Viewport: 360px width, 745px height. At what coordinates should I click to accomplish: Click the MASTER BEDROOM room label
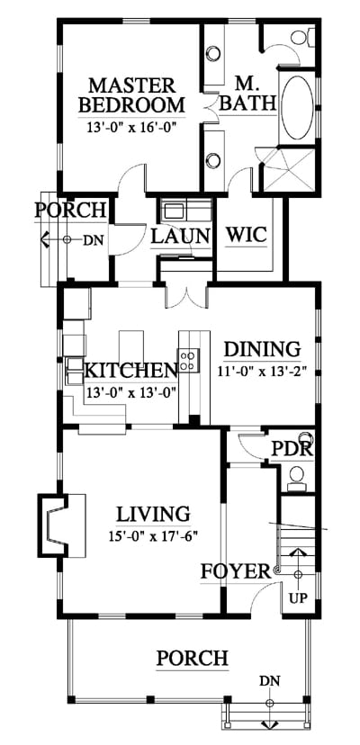pos(131,94)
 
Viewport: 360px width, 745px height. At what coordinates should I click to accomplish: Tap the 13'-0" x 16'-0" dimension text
pos(131,128)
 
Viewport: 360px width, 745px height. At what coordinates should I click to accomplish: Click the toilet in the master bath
pos(303,38)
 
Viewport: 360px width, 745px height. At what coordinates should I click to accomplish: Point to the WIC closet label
pos(246,235)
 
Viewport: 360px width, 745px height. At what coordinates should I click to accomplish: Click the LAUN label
pos(180,236)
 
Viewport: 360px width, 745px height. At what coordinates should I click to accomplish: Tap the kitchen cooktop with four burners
pos(188,359)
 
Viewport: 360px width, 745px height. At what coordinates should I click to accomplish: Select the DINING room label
pos(262,349)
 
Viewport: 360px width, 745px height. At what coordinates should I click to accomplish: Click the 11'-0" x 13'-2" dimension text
pos(262,371)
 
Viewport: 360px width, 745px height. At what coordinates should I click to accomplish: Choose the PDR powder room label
pos(292,447)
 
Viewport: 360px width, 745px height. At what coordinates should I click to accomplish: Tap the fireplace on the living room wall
pos(62,525)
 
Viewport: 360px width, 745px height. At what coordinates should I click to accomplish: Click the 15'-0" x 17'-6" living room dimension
pos(153,536)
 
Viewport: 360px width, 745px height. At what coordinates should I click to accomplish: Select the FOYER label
pos(236,571)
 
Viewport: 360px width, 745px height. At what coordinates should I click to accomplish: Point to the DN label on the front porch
pos(270,681)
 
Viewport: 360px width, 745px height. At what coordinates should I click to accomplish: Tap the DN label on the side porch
pos(93,240)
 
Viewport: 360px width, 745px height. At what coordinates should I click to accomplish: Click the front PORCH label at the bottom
pos(192,658)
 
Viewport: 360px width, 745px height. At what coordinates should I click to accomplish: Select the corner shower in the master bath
pos(289,170)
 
